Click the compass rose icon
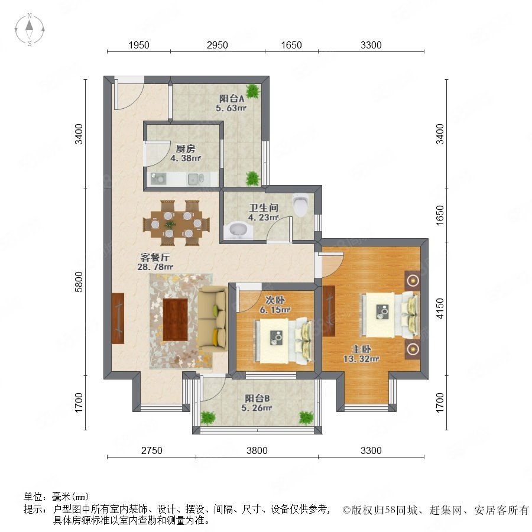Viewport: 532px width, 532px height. [x=30, y=30]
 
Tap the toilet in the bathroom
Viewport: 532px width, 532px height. [x=301, y=205]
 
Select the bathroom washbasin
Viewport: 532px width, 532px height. [x=238, y=230]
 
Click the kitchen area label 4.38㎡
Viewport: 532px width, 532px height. [x=186, y=158]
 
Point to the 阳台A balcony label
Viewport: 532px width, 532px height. [x=232, y=99]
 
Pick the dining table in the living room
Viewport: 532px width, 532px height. [x=176, y=223]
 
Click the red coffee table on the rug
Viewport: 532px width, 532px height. [x=176, y=319]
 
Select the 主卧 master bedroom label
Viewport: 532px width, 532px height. [x=361, y=349]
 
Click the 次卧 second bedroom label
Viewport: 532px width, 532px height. [x=275, y=300]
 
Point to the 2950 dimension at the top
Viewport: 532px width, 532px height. [x=217, y=45]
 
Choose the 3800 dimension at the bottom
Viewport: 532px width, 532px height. [x=257, y=450]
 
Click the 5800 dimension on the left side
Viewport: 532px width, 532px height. [x=79, y=281]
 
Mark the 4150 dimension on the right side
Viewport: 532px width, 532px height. [x=440, y=308]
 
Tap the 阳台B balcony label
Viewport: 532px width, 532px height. [x=257, y=398]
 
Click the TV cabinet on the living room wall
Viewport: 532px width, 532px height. [x=118, y=318]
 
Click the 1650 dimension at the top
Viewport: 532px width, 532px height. [x=291, y=45]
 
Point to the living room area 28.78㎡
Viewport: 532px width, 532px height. [x=155, y=267]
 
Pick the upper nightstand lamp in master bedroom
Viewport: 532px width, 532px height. [x=413, y=281]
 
